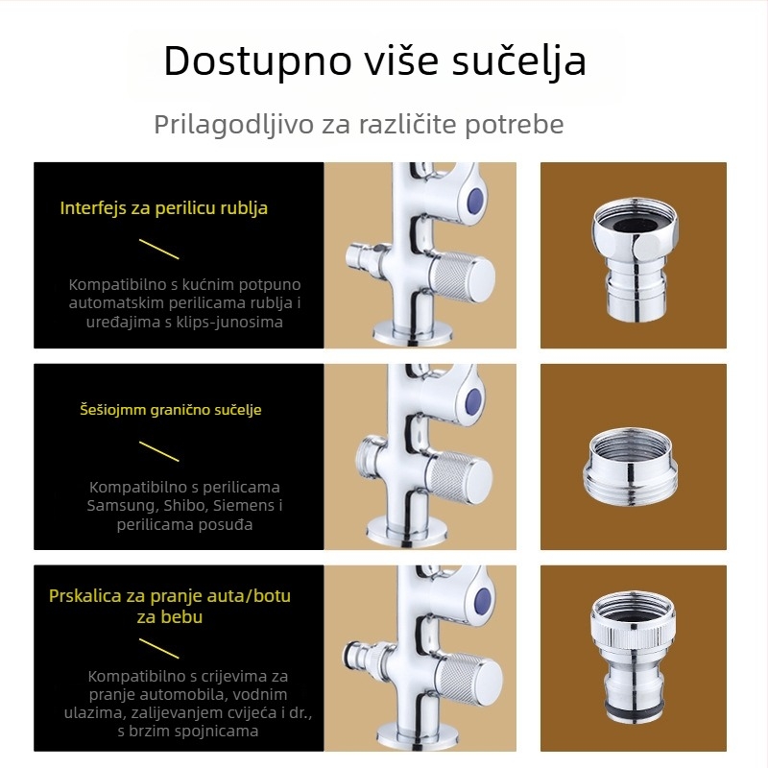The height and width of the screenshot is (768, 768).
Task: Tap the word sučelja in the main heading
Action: [x=518, y=61]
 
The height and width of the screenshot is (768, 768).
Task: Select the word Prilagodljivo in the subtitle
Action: [x=233, y=125]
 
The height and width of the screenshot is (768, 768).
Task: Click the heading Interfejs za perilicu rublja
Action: [x=163, y=208]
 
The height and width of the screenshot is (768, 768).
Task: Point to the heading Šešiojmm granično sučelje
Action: [x=171, y=410]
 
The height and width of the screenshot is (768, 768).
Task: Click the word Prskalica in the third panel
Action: [x=84, y=596]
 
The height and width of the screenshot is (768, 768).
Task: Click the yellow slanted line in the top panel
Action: [x=158, y=249]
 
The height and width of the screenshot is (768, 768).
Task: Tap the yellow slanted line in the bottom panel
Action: [x=158, y=648]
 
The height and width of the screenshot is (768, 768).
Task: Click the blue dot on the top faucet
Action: [x=475, y=201]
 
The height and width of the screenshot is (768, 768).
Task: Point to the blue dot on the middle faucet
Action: [x=473, y=401]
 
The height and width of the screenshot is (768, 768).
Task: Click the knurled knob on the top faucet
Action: [x=462, y=278]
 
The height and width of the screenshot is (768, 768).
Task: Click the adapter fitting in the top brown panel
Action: [x=635, y=259]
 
